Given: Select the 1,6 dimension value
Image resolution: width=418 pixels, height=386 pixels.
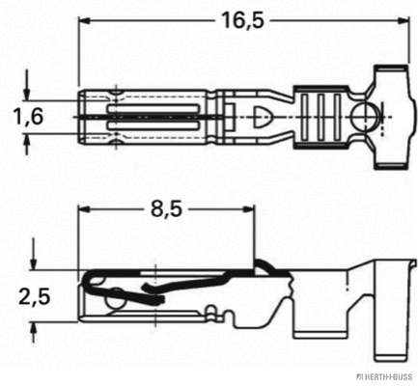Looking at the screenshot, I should (x=29, y=117).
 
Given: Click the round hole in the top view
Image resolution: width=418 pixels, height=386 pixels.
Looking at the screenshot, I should (x=365, y=120).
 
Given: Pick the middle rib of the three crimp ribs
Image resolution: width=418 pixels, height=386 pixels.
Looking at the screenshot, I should (x=321, y=120).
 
